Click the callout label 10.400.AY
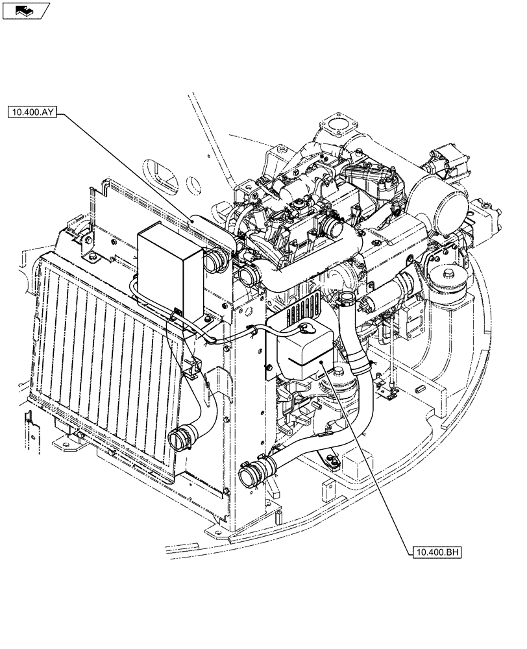(34, 112)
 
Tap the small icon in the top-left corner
(25, 9)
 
